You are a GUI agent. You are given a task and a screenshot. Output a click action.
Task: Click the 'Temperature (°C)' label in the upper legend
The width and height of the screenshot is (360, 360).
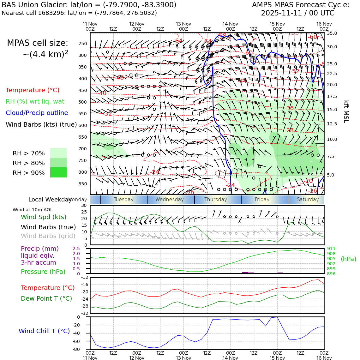(33, 90)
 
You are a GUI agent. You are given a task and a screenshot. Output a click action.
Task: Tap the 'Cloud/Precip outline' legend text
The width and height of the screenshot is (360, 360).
(37, 113)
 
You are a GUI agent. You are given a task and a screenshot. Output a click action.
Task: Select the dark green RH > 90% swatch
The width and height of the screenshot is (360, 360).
(58, 172)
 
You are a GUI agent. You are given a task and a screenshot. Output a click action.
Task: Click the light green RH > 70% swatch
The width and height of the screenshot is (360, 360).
(58, 153)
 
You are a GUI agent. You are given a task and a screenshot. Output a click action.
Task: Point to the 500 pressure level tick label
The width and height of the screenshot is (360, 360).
(82, 102)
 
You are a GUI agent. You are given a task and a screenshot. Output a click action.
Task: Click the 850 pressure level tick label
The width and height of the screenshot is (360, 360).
(82, 184)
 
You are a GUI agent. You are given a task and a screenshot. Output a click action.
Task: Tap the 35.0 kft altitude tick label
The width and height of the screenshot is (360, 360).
(332, 33)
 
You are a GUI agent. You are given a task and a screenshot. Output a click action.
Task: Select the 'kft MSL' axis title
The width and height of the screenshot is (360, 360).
(346, 111)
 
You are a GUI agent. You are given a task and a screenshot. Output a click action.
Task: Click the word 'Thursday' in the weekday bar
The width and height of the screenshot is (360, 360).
(216, 200)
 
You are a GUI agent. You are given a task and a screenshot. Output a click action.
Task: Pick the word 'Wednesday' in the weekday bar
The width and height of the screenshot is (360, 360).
(170, 200)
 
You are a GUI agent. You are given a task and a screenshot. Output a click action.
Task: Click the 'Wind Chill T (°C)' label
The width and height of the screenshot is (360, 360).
(44, 331)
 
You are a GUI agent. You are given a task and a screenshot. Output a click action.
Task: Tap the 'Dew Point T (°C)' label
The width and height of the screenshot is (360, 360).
(46, 299)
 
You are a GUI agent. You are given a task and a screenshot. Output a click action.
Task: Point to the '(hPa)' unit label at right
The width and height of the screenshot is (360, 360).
(348, 259)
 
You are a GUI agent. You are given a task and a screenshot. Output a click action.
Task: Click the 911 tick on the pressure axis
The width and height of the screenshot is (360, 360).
(331, 249)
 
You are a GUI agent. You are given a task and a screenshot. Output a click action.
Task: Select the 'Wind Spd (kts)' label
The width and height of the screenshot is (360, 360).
(44, 217)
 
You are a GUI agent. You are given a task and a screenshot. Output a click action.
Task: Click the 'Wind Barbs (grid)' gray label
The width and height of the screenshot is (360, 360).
(48, 236)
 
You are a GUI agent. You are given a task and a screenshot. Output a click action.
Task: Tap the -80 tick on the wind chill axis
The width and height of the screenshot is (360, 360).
(76, 350)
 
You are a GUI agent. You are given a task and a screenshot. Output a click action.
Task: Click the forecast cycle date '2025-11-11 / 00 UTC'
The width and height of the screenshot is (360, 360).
(297, 13)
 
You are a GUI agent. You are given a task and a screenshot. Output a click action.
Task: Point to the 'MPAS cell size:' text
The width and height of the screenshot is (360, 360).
(38, 43)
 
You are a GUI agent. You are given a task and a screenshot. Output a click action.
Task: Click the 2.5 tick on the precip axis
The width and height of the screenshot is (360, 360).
(76, 249)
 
